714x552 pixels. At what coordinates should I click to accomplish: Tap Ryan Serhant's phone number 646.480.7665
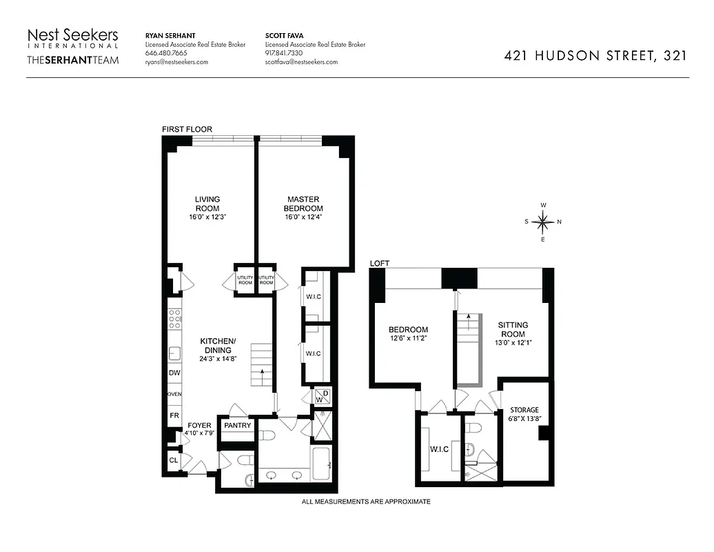point(166,53)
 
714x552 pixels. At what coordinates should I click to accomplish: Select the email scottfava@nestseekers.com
point(301,62)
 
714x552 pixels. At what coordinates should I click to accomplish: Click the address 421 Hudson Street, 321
point(595,57)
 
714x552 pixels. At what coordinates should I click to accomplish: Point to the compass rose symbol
point(543,222)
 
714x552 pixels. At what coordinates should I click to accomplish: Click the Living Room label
point(207,204)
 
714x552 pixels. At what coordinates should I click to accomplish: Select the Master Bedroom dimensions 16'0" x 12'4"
point(304,217)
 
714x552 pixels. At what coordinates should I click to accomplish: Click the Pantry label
point(237,426)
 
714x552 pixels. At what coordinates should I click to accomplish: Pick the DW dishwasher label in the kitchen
point(174,373)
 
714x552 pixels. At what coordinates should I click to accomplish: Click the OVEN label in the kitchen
point(174,395)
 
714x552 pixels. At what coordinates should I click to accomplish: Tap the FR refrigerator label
point(174,416)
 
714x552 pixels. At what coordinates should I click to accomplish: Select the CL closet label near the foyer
point(173,460)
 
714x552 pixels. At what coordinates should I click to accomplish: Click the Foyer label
point(199,425)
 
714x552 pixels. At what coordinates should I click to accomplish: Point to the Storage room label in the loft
point(524,410)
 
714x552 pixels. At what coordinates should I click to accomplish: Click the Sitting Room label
point(513,329)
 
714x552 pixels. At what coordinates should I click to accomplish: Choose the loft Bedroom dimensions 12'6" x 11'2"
point(408,339)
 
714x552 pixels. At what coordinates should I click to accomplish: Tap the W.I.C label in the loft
point(439,449)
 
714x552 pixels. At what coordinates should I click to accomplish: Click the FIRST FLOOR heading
point(187,129)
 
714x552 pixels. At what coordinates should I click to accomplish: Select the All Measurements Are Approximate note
point(365,502)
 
